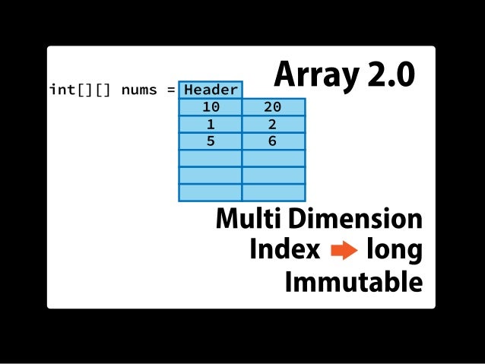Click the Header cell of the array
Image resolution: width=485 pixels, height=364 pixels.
211,90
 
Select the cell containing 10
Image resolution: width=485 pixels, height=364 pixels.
211,107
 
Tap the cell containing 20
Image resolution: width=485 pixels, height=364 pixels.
273,107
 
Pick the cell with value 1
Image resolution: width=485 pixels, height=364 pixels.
211,124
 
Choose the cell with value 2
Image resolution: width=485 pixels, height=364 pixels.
273,124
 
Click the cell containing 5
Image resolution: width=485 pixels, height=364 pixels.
211,141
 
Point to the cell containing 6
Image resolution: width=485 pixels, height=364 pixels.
273,141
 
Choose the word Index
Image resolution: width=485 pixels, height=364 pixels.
284,249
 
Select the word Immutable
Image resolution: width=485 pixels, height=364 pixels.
353,282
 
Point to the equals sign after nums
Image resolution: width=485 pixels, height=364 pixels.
170,90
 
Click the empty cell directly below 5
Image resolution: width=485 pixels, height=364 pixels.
211,158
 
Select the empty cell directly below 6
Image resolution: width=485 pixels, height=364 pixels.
273,158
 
